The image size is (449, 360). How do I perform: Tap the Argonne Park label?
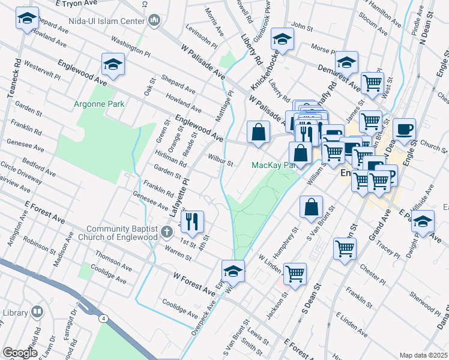point(99,104)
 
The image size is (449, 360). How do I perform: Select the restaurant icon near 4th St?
point(192,221)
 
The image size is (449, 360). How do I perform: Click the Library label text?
point(15,313)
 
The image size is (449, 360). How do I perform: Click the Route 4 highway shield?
point(104,318)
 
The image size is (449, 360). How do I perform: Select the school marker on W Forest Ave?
point(234,271)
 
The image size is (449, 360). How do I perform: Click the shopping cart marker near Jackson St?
point(295,274)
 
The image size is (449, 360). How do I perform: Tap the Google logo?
point(20,353)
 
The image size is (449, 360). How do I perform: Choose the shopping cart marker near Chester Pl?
point(345,248)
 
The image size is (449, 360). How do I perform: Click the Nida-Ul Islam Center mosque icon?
point(154,20)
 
